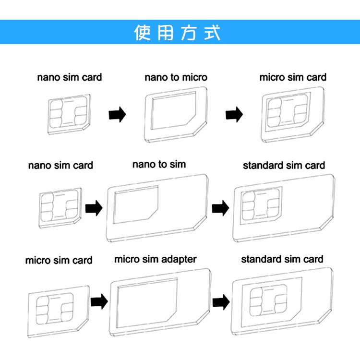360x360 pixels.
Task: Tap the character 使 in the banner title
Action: [143, 33]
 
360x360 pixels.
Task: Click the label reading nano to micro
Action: [176, 77]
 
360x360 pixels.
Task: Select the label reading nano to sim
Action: [159, 165]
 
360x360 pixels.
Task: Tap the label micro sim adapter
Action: [155, 260]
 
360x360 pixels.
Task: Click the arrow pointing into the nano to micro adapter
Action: [117, 115]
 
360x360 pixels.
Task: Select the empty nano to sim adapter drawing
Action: [157, 209]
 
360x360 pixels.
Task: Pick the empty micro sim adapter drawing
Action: [160, 301]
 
